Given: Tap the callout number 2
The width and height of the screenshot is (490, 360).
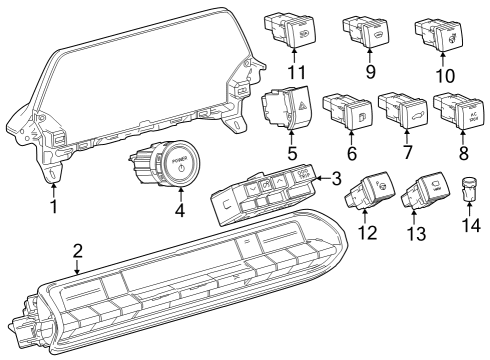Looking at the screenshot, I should [78, 251].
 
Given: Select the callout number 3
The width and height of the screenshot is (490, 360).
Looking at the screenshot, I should [336, 179].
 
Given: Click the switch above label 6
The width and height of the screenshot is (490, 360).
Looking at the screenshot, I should [346, 110].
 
